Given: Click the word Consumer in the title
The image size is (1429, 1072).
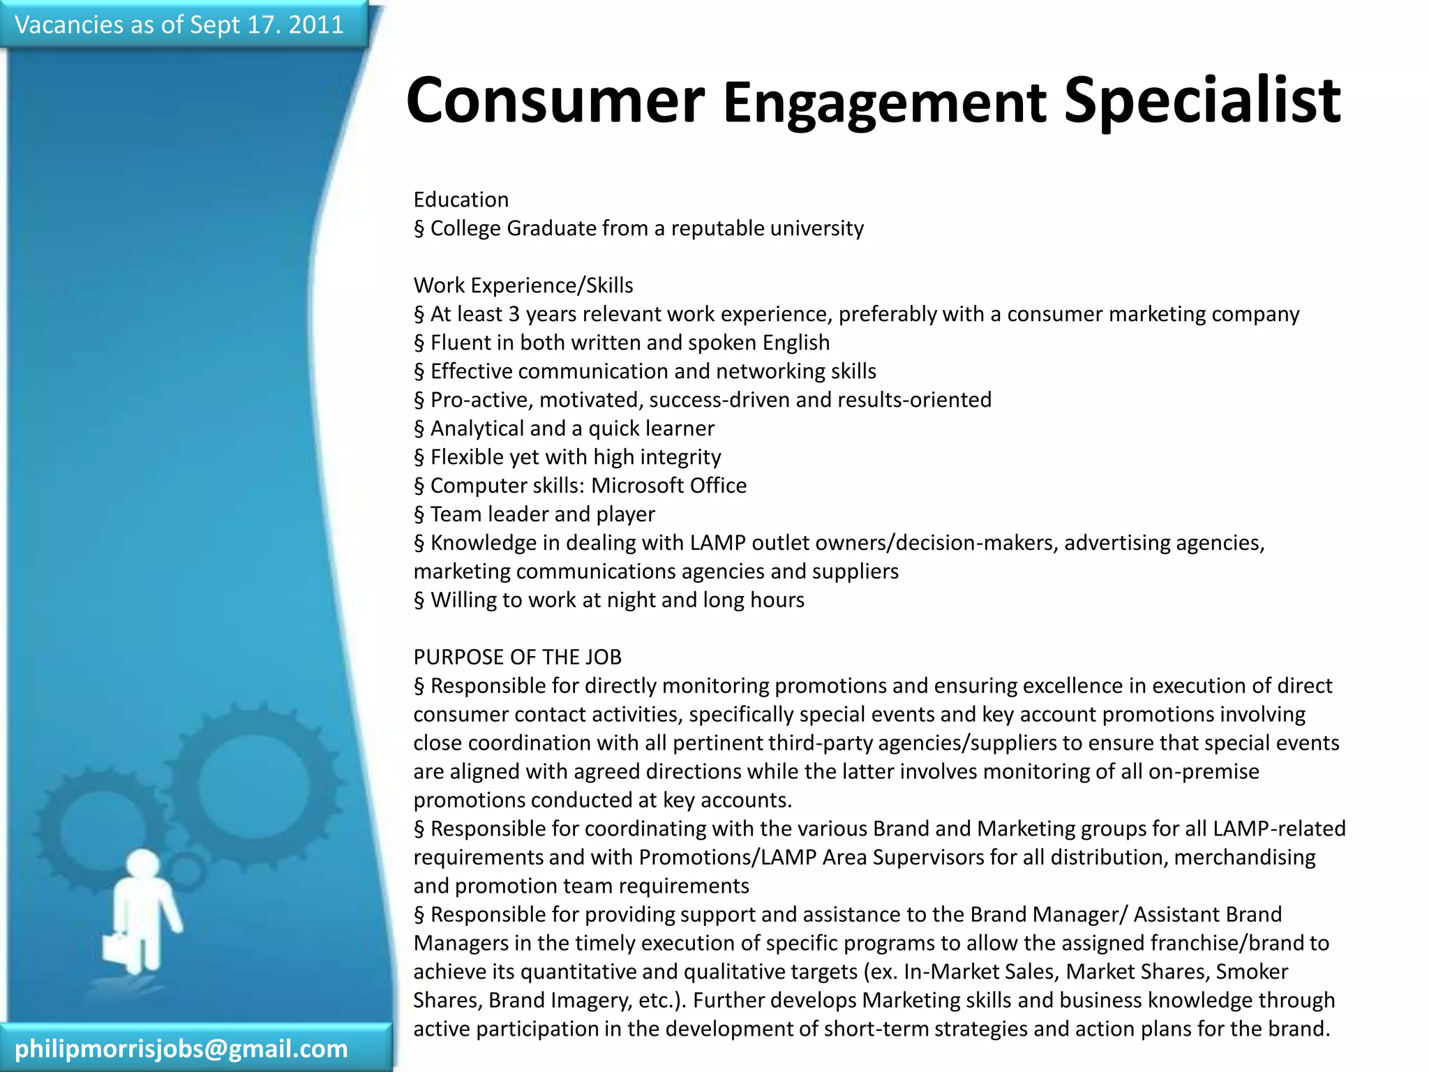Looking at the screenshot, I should click(555, 100).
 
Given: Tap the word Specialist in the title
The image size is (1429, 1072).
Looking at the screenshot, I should click(1202, 102).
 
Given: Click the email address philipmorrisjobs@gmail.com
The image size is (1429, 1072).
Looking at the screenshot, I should click(181, 1048).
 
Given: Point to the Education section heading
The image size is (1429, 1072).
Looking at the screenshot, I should click(461, 200).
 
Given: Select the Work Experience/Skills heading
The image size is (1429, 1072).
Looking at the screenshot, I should click(523, 285).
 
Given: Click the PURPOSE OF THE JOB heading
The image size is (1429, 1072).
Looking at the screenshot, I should click(517, 657).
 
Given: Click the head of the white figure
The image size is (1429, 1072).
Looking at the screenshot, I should click(143, 865).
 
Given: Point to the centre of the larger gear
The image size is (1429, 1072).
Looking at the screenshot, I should click(253, 785).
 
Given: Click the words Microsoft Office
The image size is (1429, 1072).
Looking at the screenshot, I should click(668, 486).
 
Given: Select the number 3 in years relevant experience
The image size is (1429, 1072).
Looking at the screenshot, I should click(514, 314).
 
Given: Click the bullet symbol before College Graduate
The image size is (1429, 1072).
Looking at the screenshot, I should click(419, 229).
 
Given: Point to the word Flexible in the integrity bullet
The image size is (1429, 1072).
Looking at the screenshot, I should click(466, 457).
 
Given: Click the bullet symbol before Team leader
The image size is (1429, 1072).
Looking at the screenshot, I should click(419, 515).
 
